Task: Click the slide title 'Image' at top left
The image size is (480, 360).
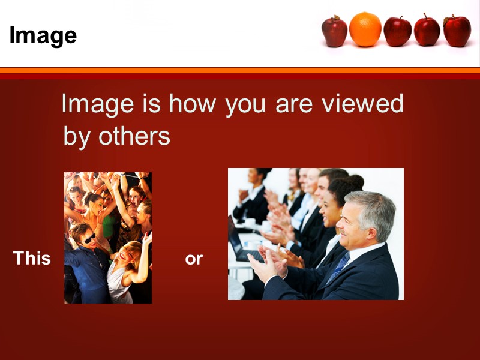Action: click(43, 35)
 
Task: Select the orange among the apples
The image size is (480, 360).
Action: click(365, 29)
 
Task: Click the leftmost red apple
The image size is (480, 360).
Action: click(334, 31)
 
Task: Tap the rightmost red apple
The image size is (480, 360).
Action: click(457, 31)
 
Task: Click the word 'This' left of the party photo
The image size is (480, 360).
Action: click(32, 259)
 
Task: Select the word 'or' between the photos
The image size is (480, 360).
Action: click(194, 259)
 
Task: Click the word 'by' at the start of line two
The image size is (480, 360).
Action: click(77, 137)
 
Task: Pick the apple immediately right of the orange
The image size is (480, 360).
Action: click(397, 31)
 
